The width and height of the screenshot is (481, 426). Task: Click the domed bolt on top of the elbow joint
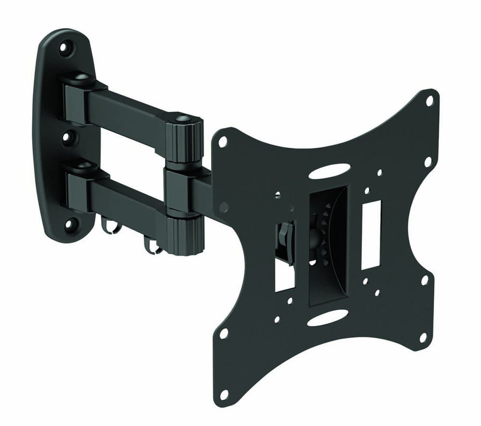click(x=183, y=119)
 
